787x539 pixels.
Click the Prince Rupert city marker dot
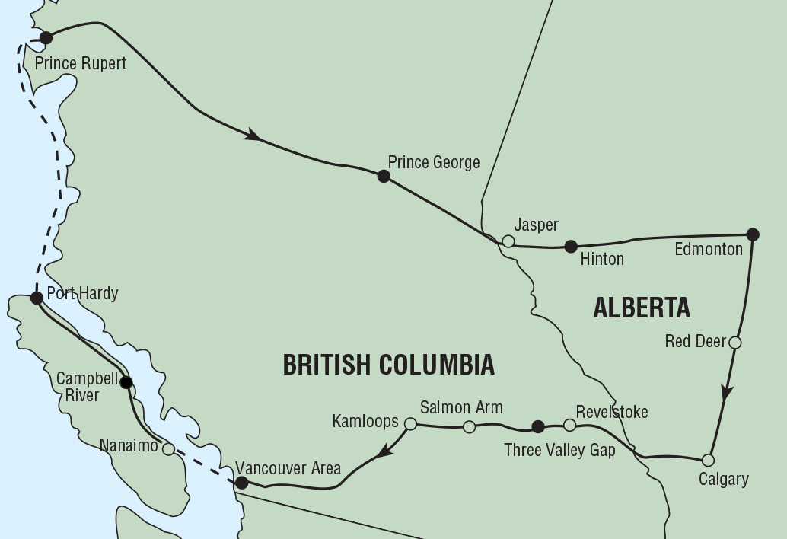[x=46, y=37]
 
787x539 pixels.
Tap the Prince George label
[x=434, y=162]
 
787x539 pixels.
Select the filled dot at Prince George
[x=384, y=177]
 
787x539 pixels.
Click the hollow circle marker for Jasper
[x=508, y=241]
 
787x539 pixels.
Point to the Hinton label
[x=602, y=259]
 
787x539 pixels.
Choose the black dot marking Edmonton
[x=753, y=234]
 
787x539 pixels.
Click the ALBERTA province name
[x=642, y=308]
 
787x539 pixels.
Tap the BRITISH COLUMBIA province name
[x=389, y=365]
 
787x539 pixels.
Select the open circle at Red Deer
[x=734, y=343]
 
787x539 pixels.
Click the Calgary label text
[x=724, y=479]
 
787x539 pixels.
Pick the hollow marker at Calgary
[x=708, y=460]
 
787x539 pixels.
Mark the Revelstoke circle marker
[x=569, y=425]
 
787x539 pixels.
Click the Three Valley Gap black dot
[x=538, y=426]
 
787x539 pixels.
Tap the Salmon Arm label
[x=461, y=408]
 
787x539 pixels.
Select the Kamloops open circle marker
[x=410, y=423]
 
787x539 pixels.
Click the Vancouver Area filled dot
[x=241, y=483]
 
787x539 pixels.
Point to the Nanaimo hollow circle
[x=168, y=449]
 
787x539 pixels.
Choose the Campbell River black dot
[x=126, y=382]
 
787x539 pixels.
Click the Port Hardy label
[x=82, y=293]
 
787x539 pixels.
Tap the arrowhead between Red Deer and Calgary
[x=727, y=392]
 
